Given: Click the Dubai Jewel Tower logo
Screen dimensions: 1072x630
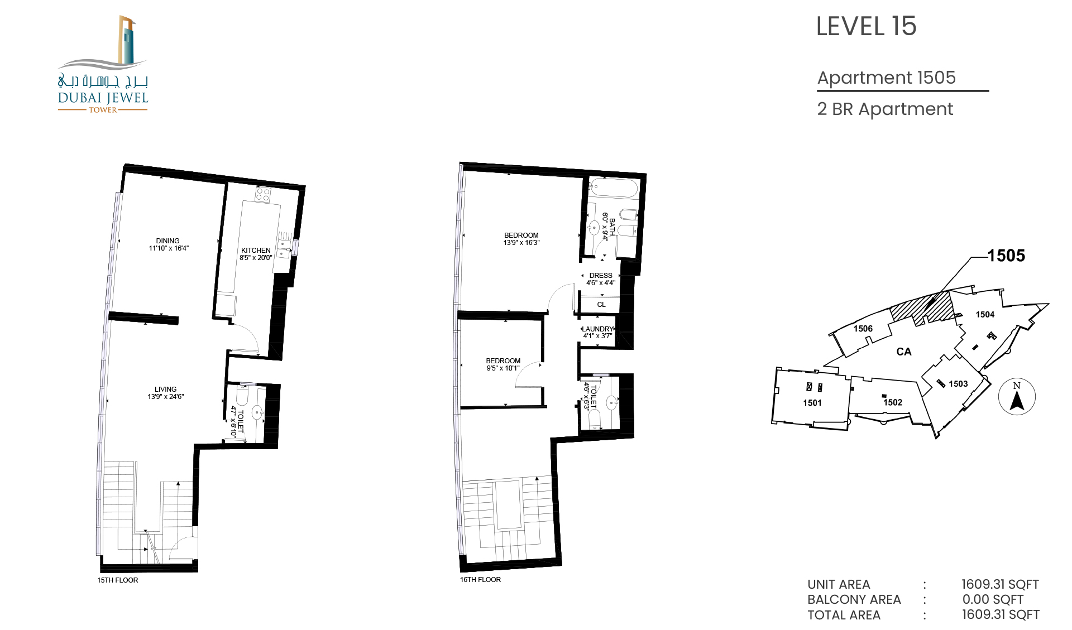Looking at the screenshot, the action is coord(103,64).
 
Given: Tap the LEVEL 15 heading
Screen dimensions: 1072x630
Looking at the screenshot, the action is coord(866,26).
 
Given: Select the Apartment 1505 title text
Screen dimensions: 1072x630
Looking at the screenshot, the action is coord(886,78).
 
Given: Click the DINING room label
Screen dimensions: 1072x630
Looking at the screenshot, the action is coord(167,241).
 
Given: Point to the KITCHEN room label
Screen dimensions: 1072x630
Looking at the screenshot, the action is coord(256,251).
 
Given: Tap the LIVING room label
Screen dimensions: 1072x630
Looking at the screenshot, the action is coord(165,389).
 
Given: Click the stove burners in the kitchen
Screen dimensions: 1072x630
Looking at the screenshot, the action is coord(263,195).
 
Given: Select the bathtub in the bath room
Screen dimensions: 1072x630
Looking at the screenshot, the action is coord(614,187).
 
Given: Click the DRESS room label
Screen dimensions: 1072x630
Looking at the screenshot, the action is coord(601,276).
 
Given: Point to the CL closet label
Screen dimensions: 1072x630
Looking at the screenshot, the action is coord(601,305).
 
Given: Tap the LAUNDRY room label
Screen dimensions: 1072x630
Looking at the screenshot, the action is coord(598,329).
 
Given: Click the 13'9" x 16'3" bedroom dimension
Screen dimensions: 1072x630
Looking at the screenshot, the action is coord(521,243).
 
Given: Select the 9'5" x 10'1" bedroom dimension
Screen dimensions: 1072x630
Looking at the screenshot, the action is coord(503,368).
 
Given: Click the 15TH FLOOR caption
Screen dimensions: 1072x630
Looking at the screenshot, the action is coord(117,580).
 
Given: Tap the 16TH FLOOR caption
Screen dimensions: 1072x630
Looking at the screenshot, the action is coord(480,580).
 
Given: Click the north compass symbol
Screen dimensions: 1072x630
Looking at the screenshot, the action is coord(1017,397).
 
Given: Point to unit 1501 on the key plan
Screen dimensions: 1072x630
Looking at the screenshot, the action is coord(812,403).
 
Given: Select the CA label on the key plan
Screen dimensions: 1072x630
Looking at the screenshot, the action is coord(904,352).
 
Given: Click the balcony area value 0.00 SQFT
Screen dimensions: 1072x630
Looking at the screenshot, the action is coord(993,599).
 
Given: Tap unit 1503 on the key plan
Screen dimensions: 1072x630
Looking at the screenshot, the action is coord(958,384).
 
